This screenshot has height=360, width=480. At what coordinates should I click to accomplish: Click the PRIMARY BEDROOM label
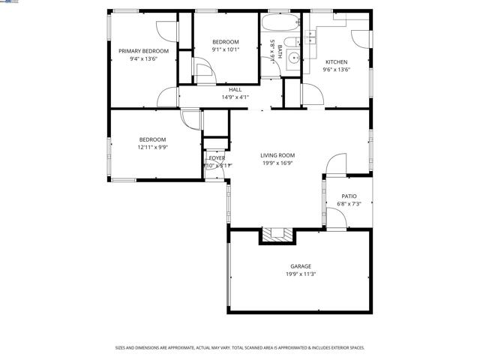(x=143, y=51)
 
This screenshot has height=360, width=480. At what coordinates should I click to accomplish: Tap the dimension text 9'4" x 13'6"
(x=143, y=58)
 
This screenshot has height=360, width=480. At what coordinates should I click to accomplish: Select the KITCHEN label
(x=336, y=61)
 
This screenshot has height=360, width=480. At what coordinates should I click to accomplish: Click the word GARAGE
(x=301, y=266)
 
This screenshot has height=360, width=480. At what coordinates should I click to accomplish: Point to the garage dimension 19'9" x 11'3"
(x=301, y=274)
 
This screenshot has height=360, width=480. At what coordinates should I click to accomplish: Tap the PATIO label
(x=349, y=196)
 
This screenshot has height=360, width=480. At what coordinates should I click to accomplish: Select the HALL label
(x=235, y=89)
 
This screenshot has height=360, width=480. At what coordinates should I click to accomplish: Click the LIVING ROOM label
(x=277, y=155)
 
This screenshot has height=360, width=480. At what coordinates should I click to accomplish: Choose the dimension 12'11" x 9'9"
(x=152, y=148)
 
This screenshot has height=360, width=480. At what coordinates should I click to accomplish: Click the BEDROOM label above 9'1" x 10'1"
(x=225, y=42)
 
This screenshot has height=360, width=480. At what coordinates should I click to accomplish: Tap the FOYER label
(x=217, y=158)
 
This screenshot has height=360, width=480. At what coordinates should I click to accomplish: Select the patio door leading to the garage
(x=336, y=218)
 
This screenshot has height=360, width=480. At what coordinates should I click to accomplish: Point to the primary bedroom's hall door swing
(x=167, y=97)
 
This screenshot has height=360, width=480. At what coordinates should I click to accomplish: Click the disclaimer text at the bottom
(x=239, y=347)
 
